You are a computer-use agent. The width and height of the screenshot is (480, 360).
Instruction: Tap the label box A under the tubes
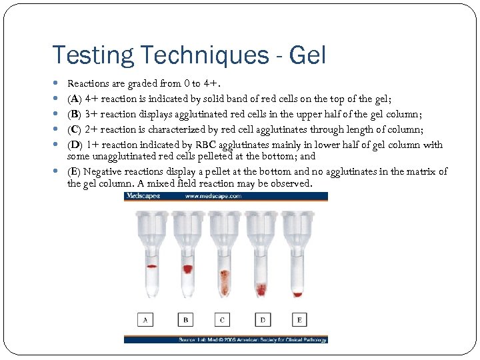pos(146,321)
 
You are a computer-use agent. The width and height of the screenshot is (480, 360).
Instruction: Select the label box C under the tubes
pos(223,321)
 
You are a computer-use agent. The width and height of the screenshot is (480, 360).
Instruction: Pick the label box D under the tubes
pos(262,321)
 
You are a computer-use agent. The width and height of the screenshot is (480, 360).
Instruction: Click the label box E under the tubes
pos(299,321)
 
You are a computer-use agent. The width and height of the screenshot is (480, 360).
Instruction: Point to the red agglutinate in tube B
pos(187,269)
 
